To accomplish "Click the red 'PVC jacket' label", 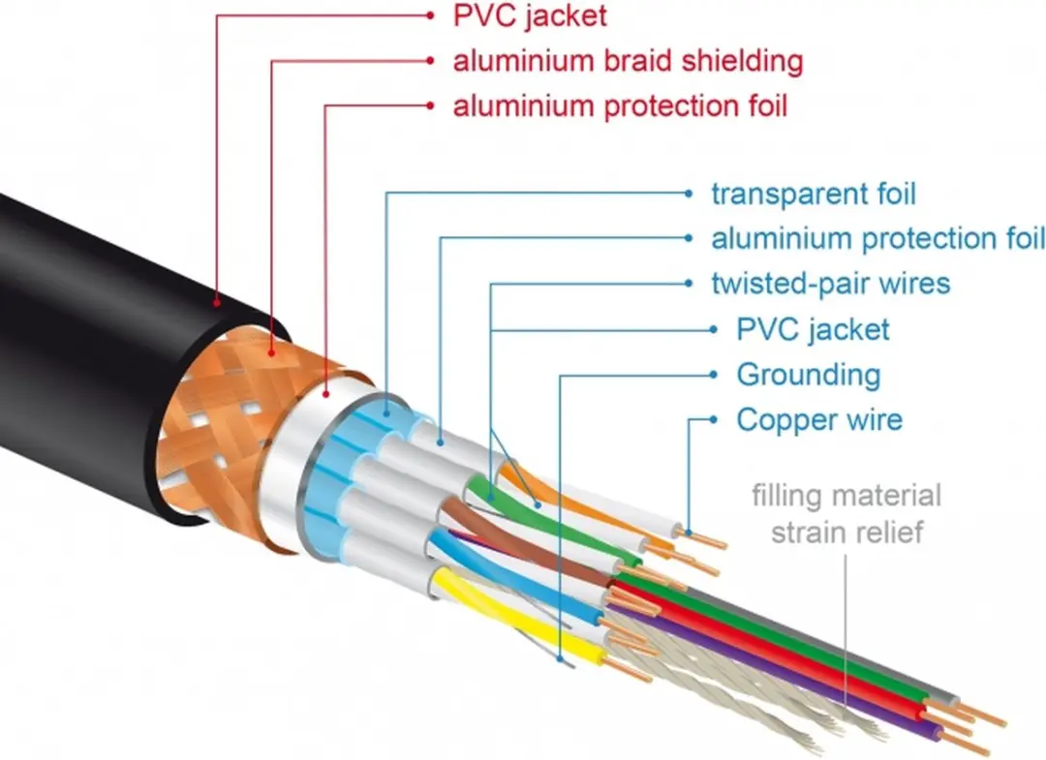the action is [530, 16].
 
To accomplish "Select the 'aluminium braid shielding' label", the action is [628, 61].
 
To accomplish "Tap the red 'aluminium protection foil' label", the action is [621, 106].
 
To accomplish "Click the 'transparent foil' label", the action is [814, 195].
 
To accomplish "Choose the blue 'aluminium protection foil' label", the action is [877, 239].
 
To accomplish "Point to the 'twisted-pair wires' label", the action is [831, 284].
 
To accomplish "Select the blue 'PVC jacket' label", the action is [813, 330].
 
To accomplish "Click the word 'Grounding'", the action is [809, 376].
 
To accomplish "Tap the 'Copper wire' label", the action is [819, 420].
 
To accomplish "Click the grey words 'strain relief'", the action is [847, 532].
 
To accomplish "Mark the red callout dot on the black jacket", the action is [217, 303].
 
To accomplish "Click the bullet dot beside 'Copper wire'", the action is [713, 420].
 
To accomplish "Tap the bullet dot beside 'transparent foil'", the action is [690, 194].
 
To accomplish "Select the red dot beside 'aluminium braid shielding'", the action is [430, 61].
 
